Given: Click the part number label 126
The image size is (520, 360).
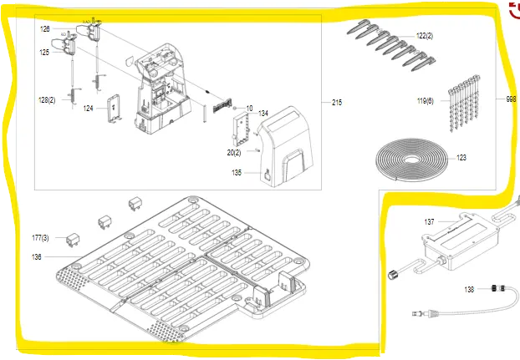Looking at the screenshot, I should click(45, 28).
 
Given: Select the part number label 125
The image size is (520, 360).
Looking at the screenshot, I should click(44, 52).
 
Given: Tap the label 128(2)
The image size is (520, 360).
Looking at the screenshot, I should click(48, 99).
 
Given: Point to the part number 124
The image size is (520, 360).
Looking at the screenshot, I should click(88, 108).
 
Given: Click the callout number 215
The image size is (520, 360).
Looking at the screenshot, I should click(337, 103).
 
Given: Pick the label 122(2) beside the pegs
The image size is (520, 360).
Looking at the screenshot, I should click(425, 36).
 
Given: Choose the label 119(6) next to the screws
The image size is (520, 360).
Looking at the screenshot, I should click(426, 101).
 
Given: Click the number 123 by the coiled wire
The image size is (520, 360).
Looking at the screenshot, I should click(461, 157).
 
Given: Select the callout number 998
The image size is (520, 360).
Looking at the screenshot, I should click(511, 99).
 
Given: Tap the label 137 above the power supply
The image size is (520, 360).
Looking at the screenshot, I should click(429, 222).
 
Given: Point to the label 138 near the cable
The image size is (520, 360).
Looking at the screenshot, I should click(469, 289).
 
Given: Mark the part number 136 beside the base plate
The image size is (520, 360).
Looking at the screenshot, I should click(37, 257).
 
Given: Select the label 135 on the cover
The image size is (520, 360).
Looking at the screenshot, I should click(236, 173).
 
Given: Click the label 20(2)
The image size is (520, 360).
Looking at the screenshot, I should click(234, 152).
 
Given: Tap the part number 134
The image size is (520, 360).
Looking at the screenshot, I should click(263, 113).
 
